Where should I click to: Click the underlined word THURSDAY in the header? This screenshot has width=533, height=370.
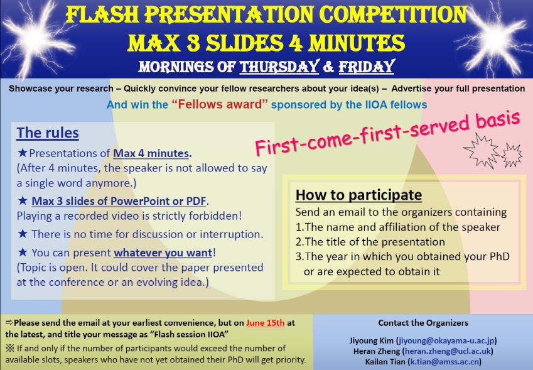[x=279, y=67]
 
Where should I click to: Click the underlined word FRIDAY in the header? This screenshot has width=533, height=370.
[x=367, y=67]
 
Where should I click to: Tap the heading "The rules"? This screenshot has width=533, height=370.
[x=48, y=133]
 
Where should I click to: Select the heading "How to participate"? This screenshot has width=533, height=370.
[x=358, y=195]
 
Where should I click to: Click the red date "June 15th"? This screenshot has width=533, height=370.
[x=265, y=323]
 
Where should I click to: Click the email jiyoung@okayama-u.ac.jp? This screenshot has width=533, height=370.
[x=446, y=340]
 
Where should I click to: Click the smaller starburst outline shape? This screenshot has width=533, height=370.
[x=511, y=155]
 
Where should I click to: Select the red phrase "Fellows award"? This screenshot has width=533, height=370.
[x=220, y=104]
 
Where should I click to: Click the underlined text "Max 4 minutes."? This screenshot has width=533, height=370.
[x=153, y=153]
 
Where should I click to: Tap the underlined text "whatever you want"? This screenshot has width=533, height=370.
[x=163, y=253]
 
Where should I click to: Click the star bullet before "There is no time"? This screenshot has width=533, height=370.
[x=23, y=234]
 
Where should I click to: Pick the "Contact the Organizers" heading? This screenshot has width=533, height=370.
[x=423, y=323]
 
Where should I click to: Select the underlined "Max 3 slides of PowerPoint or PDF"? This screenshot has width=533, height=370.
[x=119, y=201]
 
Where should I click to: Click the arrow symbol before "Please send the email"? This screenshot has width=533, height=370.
[x=9, y=322]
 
